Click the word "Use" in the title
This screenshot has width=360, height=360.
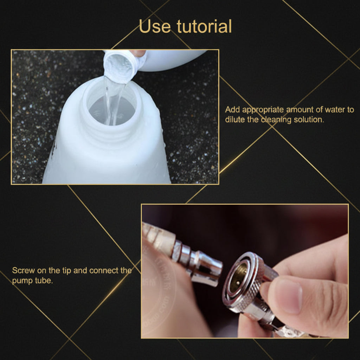pyautogui.click(x=155, y=26)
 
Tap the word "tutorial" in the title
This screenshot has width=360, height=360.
pyautogui.click(x=204, y=26)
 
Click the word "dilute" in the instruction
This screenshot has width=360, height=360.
pyautogui.click(x=235, y=120)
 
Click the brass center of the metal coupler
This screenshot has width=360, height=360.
pyautogui.click(x=239, y=278)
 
